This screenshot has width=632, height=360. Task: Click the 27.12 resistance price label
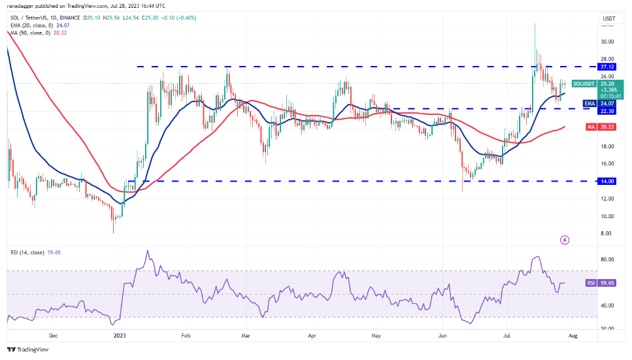tap(607, 67)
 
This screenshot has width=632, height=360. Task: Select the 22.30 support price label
tap(607, 108)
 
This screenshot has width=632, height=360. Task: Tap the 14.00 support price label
tap(607, 181)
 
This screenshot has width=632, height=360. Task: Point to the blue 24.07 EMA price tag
tap(607, 103)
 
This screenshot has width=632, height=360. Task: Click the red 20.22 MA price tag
tap(607, 127)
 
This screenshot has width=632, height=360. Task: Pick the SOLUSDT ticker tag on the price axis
tap(584, 84)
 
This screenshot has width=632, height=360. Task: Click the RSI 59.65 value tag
tap(607, 284)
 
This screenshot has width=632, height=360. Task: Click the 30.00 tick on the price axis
tap(607, 42)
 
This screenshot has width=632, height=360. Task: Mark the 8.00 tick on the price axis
tap(607, 233)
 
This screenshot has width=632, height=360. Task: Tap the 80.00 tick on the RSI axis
tap(607, 259)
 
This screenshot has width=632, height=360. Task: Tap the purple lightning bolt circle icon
tap(565, 240)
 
